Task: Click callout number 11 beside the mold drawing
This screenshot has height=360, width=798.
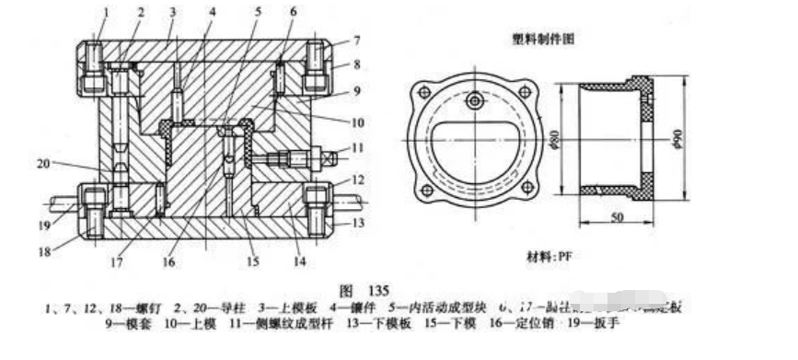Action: (343, 147)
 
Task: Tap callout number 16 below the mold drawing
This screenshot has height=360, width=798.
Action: (168, 261)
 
